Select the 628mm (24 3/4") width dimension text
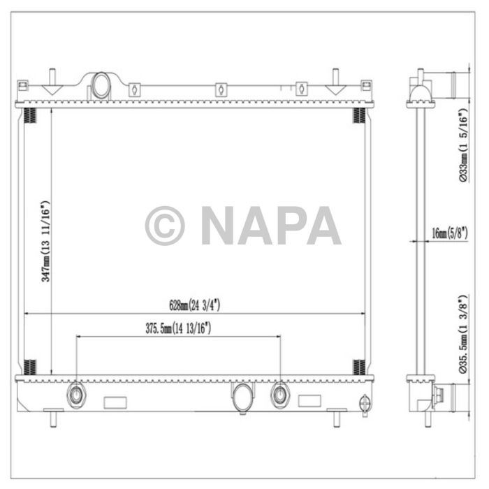[195, 305]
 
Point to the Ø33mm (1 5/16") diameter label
[462, 145]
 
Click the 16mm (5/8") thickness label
[449, 233]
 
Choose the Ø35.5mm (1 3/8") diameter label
[462, 336]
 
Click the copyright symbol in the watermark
[164, 226]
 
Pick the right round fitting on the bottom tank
[280, 395]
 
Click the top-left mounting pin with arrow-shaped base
[52, 84]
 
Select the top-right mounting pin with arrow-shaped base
[335, 84]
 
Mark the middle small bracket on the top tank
[219, 89]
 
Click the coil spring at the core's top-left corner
[30, 115]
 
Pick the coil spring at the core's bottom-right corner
[358, 366]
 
